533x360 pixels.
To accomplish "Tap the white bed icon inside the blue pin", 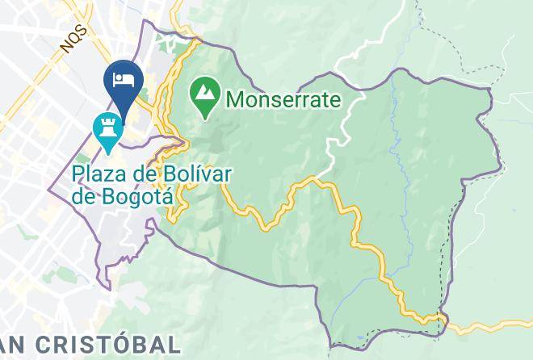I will tap(124, 78).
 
